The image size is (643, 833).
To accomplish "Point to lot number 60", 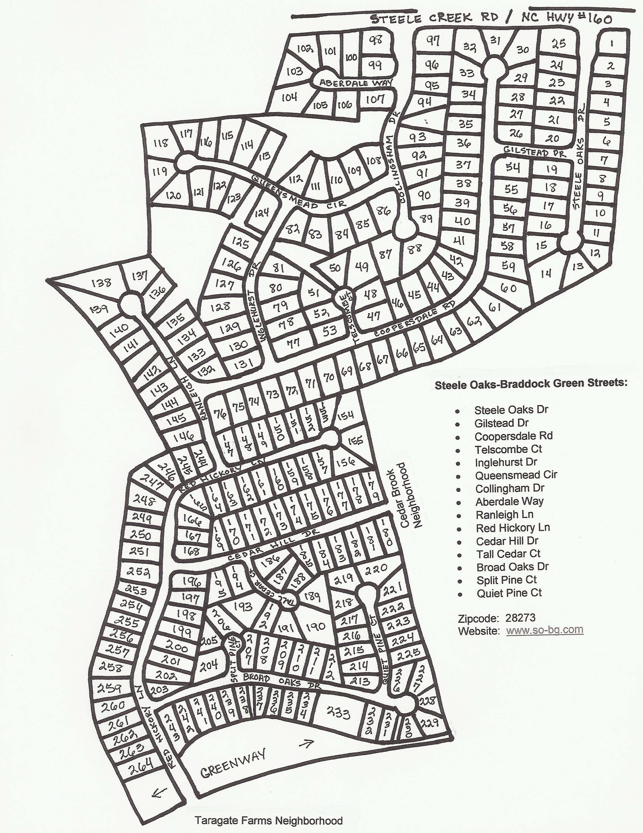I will click(508, 288).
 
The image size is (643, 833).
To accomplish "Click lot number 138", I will click(102, 283).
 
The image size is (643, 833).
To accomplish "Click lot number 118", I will click(161, 143).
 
